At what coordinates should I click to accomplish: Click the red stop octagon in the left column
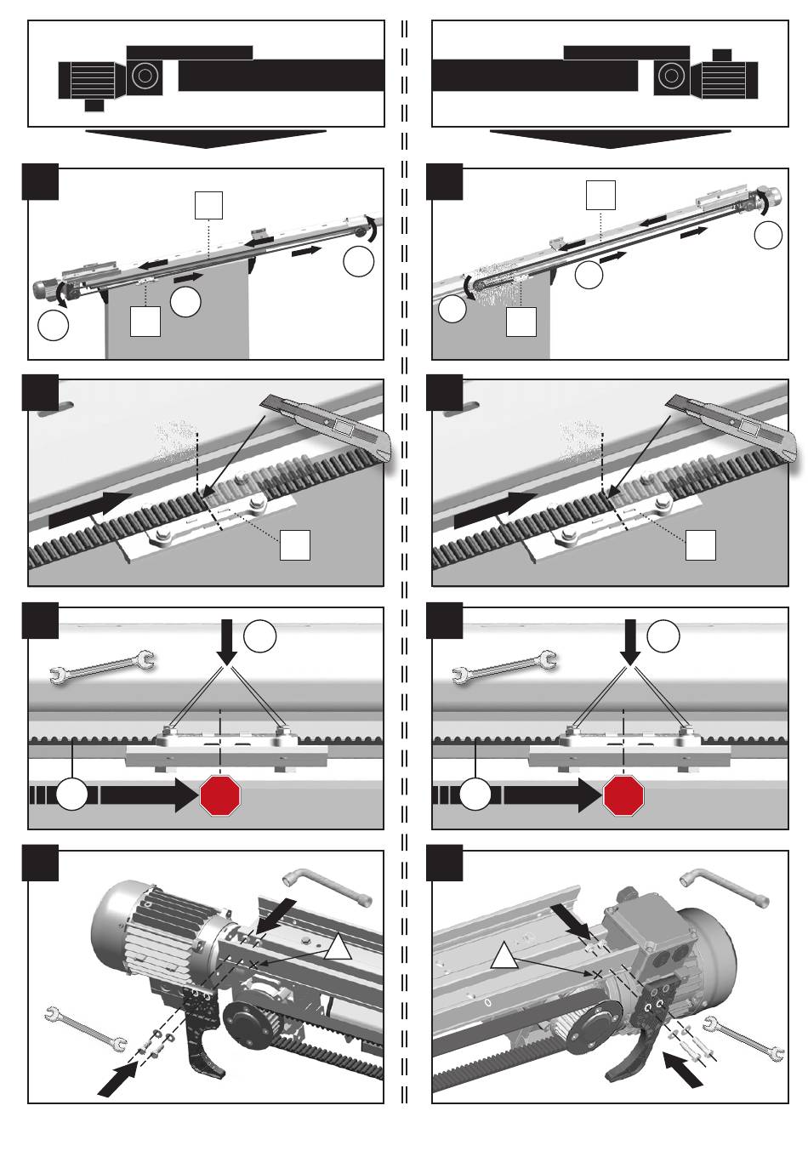(220, 795)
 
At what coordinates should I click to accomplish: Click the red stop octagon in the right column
(623, 795)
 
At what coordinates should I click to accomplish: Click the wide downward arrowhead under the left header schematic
(205, 139)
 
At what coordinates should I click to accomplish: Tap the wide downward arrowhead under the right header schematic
(610, 139)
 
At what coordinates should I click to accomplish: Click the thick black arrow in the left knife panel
(90, 508)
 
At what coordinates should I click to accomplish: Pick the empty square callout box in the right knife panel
(700, 544)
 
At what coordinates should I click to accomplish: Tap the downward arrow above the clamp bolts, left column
(227, 642)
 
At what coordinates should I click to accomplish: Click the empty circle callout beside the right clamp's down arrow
(663, 635)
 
